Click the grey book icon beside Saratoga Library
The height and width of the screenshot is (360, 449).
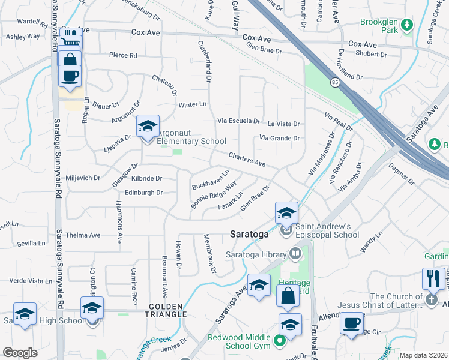pos(295,253)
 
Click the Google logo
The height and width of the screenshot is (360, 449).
pos(20,353)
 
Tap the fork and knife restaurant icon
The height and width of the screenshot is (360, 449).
pos(433,279)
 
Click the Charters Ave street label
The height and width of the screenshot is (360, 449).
pos(247,159)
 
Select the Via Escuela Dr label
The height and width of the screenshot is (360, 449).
pos(238,121)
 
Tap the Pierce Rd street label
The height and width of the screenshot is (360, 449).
pos(123,55)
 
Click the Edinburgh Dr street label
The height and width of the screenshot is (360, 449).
pos(144,193)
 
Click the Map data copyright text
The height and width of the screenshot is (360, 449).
pos(424,355)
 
